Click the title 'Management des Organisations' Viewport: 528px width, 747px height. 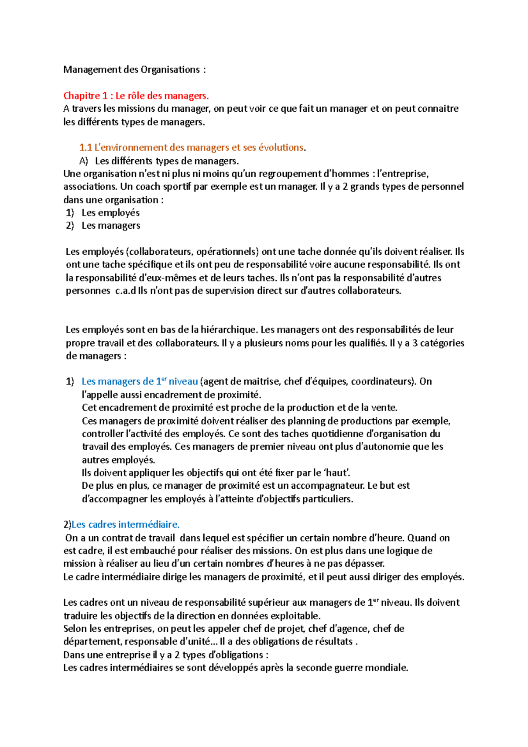click(x=132, y=70)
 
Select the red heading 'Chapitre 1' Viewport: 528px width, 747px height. click(x=85, y=95)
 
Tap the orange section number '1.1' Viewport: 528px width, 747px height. click(x=85, y=148)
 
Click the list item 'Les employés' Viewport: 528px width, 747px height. click(x=110, y=213)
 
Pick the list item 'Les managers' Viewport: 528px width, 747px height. click(x=111, y=226)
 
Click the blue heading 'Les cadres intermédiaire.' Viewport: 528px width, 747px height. click(x=125, y=524)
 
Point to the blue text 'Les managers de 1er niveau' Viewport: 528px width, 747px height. click(x=139, y=381)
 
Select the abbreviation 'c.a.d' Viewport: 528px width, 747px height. click(x=125, y=291)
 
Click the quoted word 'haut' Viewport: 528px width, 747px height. click(x=337, y=473)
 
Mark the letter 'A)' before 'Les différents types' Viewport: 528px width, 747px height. click(x=84, y=161)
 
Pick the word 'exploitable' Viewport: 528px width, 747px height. click(x=295, y=616)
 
